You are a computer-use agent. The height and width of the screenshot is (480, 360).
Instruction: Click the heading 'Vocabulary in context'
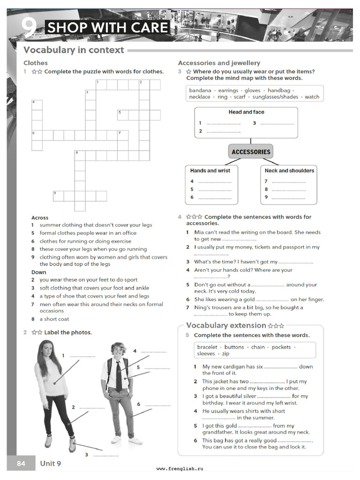click(74, 50)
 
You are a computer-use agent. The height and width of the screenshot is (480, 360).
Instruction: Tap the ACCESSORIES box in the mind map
click(251, 152)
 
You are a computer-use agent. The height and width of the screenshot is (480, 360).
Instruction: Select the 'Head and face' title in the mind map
click(246, 112)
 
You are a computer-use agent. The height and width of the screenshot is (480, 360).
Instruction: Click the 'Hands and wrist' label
click(210, 171)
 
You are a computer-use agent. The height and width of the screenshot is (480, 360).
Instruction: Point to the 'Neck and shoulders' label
click(289, 171)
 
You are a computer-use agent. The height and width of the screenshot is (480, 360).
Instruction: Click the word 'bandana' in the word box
click(200, 90)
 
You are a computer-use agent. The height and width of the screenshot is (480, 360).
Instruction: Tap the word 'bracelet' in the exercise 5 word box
click(207, 347)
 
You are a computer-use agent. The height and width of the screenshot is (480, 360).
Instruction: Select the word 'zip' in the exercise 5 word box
click(225, 354)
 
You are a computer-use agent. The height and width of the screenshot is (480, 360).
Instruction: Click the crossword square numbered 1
click(101, 85)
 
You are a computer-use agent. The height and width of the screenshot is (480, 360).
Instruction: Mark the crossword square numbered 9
click(58, 196)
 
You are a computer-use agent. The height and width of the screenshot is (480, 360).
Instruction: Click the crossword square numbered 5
click(122, 115)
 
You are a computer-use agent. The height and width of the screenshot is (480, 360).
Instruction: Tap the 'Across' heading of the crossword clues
click(40, 217)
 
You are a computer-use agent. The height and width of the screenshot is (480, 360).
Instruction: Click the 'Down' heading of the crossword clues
click(39, 272)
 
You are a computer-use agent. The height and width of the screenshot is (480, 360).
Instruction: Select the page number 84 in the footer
click(21, 464)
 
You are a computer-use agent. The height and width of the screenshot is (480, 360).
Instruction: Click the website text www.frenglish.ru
click(180, 468)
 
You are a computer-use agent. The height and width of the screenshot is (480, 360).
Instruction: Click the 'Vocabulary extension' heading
click(226, 325)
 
